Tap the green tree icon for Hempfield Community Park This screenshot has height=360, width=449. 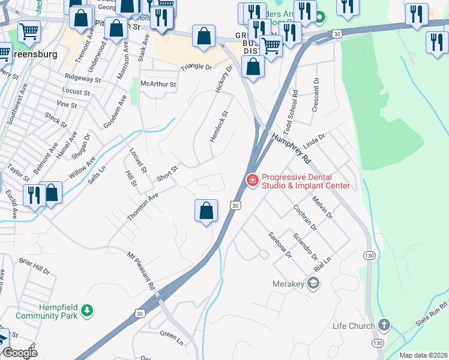pyautogui.click(x=88, y=310)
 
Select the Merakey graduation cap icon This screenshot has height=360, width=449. pyautogui.click(x=313, y=283)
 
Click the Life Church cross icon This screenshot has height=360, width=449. pyautogui.click(x=384, y=326)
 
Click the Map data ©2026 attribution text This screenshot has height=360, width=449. pyautogui.click(x=423, y=355)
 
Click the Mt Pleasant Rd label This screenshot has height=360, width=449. pyautogui.click(x=141, y=272)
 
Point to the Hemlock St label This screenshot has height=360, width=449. pyautogui.click(x=219, y=126)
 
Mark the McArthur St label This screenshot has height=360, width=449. pyautogui.click(x=158, y=85)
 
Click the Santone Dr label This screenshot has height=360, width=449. pyautogui.click(x=280, y=245)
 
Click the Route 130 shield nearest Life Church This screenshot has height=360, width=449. pyautogui.click(x=378, y=343)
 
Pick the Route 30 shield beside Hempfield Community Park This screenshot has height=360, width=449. pyautogui.click(x=139, y=313)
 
